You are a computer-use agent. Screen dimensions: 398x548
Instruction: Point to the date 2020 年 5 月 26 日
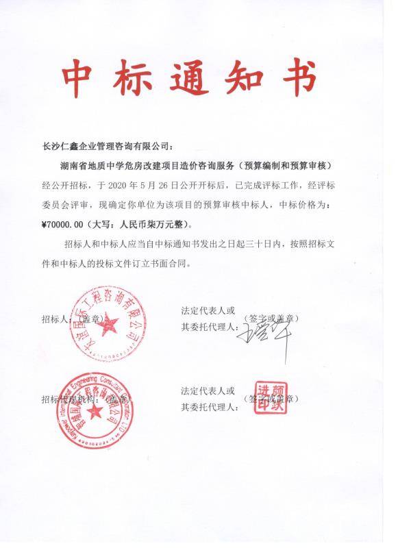(x=140, y=185)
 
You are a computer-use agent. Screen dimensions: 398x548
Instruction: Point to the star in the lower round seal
(x=92, y=414)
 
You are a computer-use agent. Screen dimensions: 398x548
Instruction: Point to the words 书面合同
(x=177, y=262)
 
